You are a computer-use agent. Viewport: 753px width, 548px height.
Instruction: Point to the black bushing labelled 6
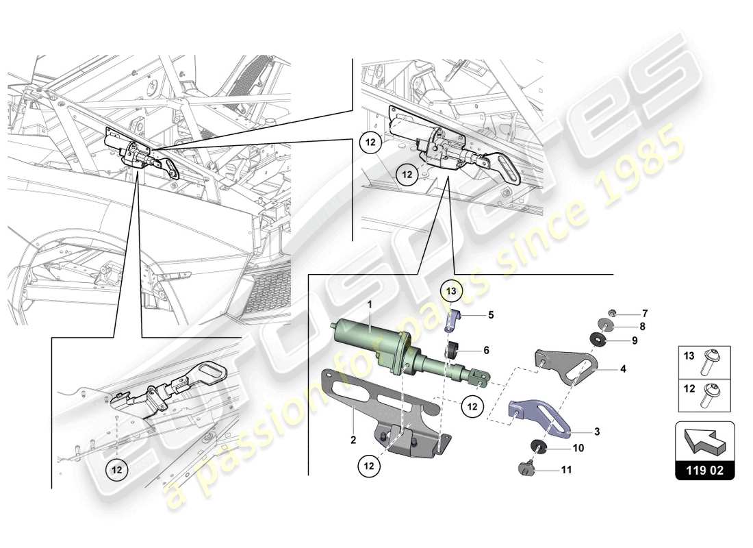(x=452, y=352)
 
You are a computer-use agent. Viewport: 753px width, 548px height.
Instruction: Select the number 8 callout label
(x=643, y=326)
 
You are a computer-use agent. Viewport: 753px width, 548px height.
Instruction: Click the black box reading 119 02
(x=704, y=471)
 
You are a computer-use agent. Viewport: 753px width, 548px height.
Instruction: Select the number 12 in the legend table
(x=688, y=387)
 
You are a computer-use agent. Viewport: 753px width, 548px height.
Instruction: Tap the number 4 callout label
(x=623, y=369)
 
